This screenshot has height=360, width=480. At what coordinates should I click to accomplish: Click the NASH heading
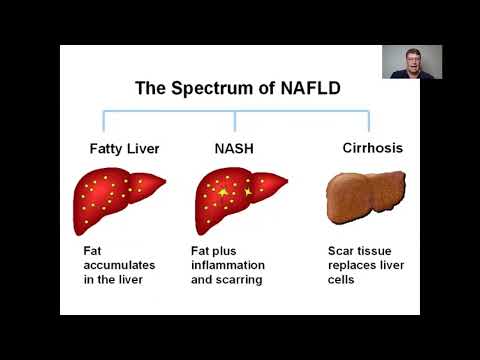(234, 150)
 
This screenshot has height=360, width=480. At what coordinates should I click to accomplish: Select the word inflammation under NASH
(227, 264)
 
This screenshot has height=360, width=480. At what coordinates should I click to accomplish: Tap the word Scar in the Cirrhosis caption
(342, 251)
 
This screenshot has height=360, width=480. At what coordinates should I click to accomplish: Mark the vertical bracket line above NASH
(235, 120)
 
